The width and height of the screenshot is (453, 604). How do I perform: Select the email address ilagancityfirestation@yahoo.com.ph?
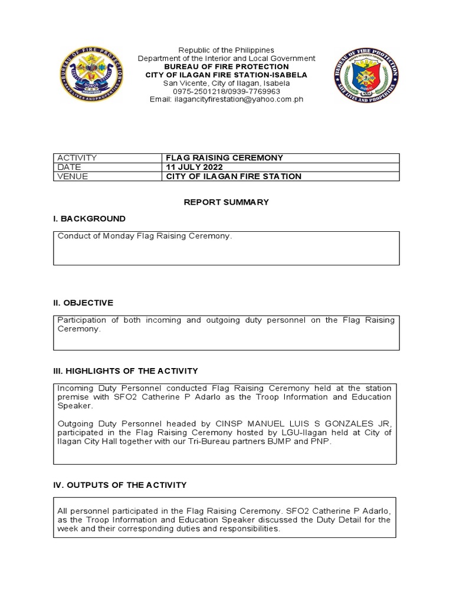226,100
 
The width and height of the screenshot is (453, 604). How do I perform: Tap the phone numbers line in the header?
226,91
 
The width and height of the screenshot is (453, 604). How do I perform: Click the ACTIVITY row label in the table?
77,158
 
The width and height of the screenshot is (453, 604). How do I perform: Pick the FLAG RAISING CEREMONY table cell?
225,158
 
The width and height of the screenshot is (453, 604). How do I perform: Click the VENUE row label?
73,176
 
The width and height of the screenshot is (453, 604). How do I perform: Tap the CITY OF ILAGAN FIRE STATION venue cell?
234,176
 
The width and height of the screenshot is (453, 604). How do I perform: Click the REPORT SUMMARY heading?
226,202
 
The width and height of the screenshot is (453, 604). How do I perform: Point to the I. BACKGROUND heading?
89,219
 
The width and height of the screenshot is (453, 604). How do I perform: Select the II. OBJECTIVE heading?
83,303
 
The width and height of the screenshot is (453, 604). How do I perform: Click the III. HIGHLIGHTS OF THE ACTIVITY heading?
126,371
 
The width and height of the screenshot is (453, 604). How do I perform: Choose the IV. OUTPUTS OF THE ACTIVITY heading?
120,485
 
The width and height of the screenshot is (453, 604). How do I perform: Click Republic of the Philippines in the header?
226,50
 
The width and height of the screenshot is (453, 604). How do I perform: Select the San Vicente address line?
226,83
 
